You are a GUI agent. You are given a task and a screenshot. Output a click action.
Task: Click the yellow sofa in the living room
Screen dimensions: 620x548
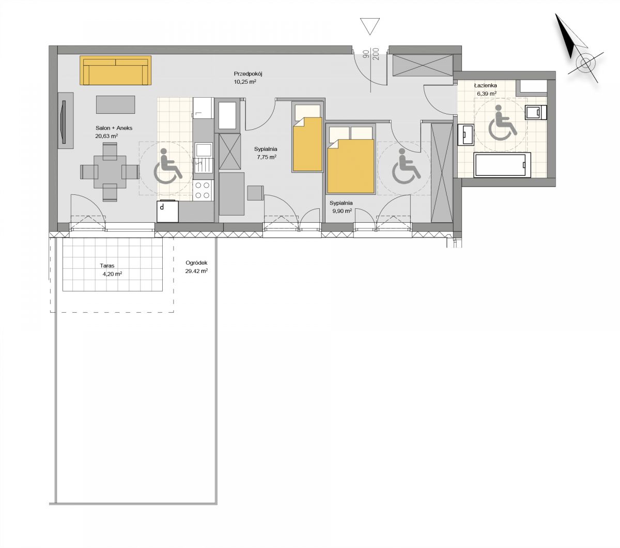pos(116,70)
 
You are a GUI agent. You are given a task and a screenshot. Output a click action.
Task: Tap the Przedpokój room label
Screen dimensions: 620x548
pos(248,74)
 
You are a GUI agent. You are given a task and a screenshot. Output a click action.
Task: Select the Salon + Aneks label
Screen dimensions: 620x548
pos(114,128)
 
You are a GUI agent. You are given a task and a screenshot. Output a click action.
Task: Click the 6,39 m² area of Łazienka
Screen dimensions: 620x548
pos(487,94)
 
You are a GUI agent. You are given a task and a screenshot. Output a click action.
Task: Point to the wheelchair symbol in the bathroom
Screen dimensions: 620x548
pos(503,123)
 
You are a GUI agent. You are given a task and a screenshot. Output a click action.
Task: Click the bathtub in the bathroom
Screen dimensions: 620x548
pos(502,165)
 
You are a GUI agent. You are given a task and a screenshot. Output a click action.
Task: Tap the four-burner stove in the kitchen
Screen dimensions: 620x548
pos(203,190)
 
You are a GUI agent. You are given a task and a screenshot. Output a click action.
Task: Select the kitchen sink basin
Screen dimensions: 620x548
pos(204,150)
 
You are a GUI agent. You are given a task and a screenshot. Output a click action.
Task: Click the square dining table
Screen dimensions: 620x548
pos(110,172)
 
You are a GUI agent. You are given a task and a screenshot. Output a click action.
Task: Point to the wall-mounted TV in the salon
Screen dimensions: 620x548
pos(64,122)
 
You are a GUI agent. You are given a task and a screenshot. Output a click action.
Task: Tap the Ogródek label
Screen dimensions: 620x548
pos(196,263)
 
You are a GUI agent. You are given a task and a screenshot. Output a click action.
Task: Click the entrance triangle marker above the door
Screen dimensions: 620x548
pos(369,26)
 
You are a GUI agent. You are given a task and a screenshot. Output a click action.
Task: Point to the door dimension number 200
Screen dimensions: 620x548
pos(376,54)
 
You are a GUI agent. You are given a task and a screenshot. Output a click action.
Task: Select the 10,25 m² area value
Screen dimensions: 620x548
pos(245,82)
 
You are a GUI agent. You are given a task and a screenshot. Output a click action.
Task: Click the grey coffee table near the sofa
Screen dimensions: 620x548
pos(115,104)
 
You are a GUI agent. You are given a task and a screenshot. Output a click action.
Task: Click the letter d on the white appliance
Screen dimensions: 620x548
pos(162,207)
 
